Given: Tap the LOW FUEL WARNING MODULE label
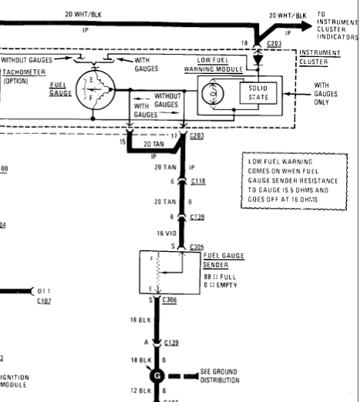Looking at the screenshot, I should pos(224,64).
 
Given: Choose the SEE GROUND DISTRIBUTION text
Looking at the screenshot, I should pos(222,376).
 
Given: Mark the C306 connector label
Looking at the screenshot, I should pos(172,299).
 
